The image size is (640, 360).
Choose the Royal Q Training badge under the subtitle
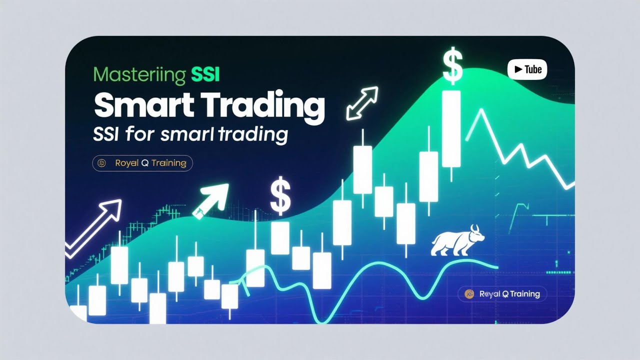[143, 163]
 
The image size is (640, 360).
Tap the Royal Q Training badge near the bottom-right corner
[502, 294]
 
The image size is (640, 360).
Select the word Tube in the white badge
[533, 69]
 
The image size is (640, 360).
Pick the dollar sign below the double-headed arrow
[280, 196]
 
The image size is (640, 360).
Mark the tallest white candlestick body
[451, 128]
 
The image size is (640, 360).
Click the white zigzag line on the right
[520, 150]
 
